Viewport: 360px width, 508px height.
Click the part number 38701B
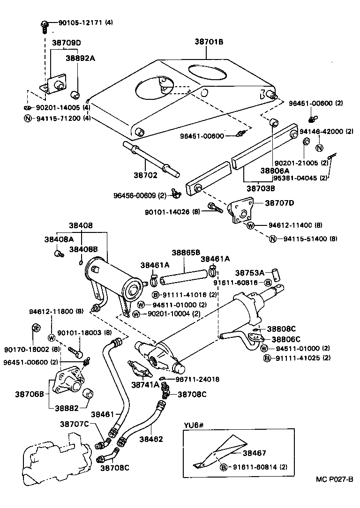click(x=209, y=42)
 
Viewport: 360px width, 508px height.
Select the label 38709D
click(x=66, y=43)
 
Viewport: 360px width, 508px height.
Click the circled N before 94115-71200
click(x=28, y=118)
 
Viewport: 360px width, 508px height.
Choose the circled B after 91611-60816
click(x=268, y=282)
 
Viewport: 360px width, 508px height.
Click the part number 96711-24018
click(x=197, y=379)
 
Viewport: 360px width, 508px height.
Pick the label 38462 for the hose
click(x=151, y=439)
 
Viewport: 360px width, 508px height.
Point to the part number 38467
click(x=255, y=453)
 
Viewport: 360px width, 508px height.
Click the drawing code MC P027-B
click(x=334, y=479)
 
